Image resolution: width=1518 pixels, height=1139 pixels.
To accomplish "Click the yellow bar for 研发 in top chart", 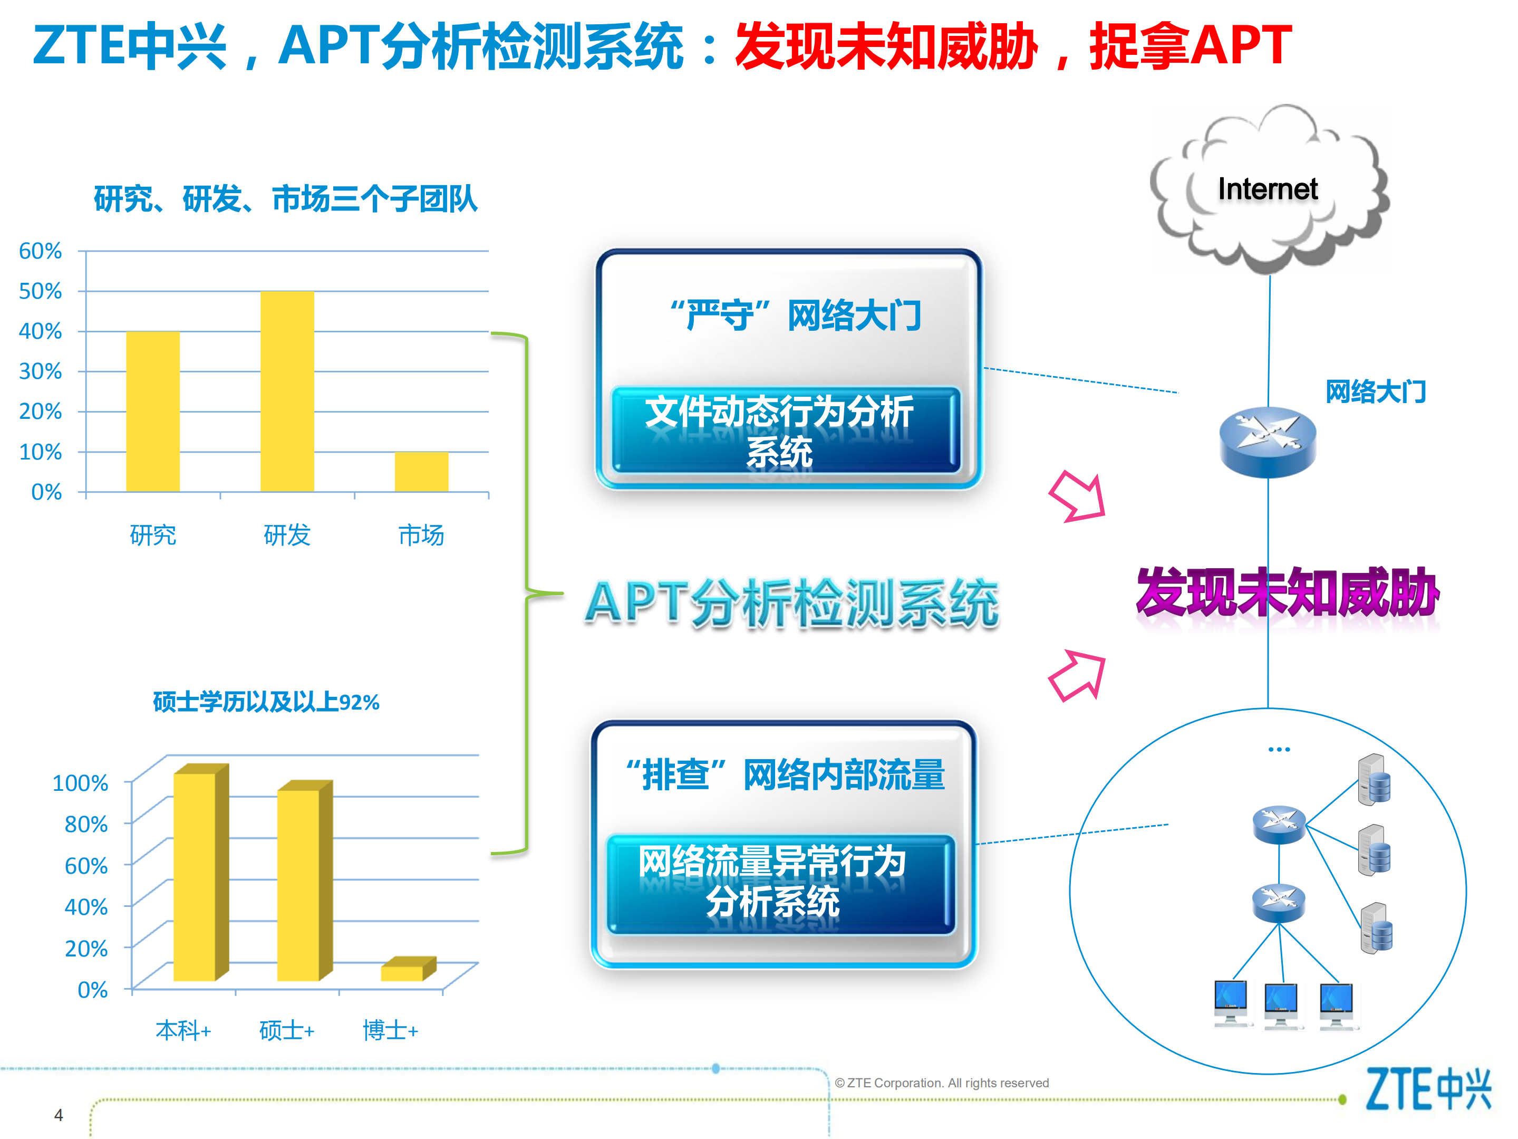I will click(x=287, y=391).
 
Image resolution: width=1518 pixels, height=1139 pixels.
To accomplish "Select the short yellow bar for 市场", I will click(x=421, y=472).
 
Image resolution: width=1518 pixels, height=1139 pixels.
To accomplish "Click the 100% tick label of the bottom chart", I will click(x=80, y=783).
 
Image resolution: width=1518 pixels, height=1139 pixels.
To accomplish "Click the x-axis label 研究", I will click(x=152, y=535).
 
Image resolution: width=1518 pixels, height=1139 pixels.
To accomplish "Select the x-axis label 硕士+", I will click(x=286, y=1030).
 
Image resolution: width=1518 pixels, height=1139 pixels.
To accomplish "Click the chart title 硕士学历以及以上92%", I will click(x=266, y=702).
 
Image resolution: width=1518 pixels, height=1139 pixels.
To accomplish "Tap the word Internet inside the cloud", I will click(x=1267, y=189).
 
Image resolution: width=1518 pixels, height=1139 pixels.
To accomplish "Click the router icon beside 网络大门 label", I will click(x=1267, y=442).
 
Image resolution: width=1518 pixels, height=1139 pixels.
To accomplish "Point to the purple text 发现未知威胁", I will click(x=1287, y=592).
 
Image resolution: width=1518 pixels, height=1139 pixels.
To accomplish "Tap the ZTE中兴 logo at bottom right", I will click(x=1427, y=1089).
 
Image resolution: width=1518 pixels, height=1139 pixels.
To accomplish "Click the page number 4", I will click(x=59, y=1115).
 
